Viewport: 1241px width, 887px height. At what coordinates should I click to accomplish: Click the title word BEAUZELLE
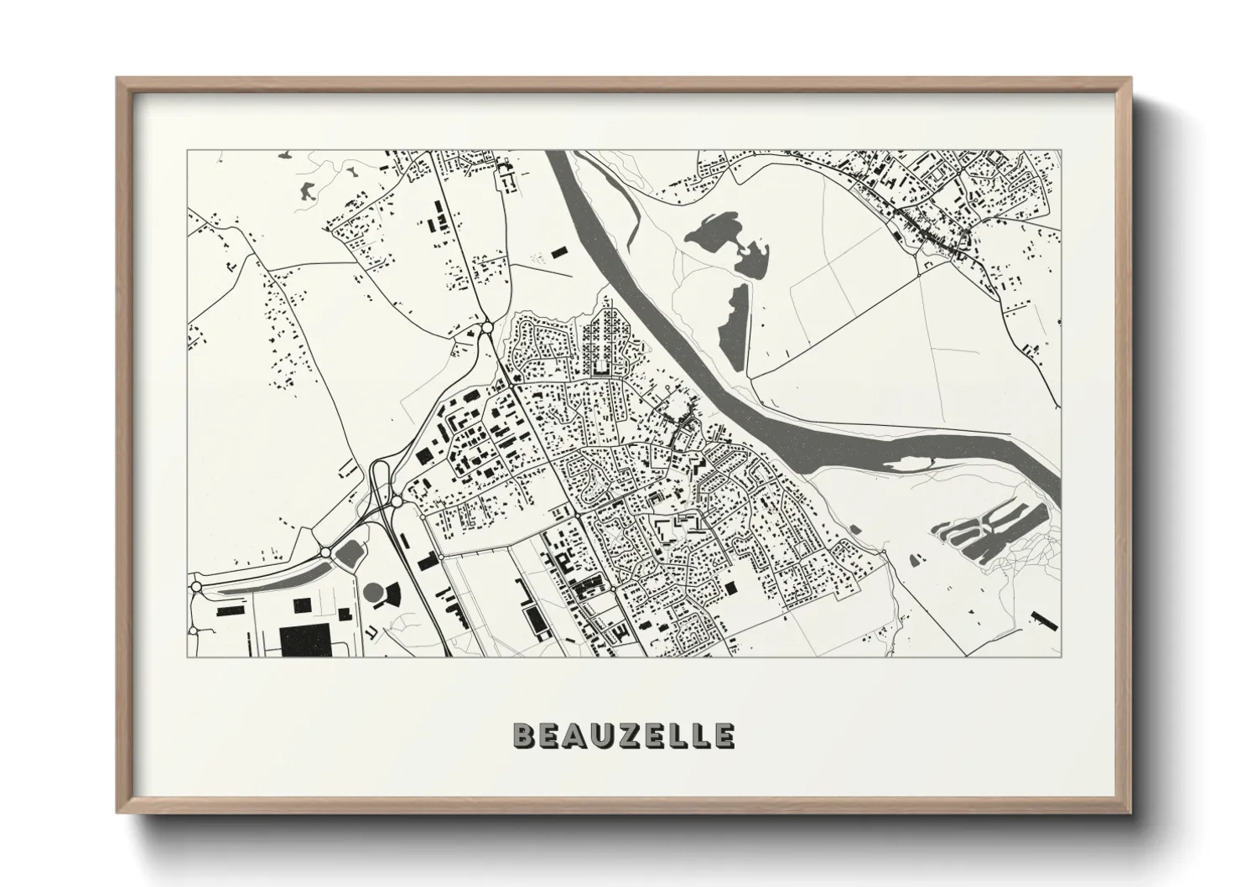coord(624,735)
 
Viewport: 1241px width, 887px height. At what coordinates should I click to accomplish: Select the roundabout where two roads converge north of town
coord(487,327)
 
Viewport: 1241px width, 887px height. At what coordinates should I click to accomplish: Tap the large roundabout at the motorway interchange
coord(394,502)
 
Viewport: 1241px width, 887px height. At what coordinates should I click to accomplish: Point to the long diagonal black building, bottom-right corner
coord(1046,621)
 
